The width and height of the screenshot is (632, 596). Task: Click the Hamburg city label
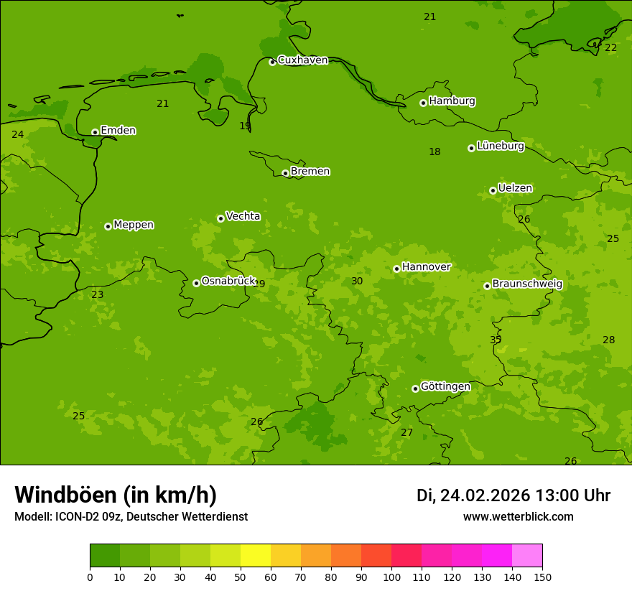coord(452,101)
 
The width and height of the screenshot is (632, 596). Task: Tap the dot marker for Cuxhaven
coord(272,62)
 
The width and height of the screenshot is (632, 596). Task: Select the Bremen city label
coord(310,172)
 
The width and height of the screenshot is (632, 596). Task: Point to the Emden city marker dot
coord(95,132)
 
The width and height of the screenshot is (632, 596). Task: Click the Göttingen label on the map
coord(445,387)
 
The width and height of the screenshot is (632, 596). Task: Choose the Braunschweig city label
coord(527,284)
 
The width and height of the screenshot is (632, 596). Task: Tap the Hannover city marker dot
coord(396,269)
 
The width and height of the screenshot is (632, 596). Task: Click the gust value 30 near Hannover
coord(357,281)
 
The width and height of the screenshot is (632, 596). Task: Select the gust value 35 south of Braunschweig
coord(496,340)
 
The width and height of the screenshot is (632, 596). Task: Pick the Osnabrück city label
coord(228,281)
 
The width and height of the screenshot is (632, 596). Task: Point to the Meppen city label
coord(134,225)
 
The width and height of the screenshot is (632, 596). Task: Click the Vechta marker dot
coord(220,218)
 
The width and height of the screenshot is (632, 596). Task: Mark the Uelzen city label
coord(515,189)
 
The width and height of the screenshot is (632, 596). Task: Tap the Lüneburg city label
coord(500,146)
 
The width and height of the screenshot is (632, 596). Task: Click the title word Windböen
coord(65,495)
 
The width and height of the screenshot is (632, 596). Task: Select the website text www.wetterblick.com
coord(518,517)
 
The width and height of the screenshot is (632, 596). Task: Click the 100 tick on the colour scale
coord(391,577)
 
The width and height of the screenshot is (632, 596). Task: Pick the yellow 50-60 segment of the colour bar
coord(256,556)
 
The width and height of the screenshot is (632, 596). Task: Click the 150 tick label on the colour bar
coord(542,577)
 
